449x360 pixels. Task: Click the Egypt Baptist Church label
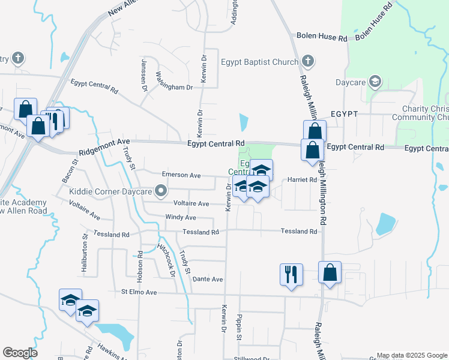(x=259, y=62)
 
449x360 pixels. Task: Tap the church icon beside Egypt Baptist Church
(x=308, y=61)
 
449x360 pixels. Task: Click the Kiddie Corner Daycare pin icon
(x=160, y=191)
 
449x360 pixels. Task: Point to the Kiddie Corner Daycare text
(x=109, y=191)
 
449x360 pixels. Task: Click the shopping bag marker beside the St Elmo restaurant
(x=330, y=272)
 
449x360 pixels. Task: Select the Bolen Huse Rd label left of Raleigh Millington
(x=322, y=38)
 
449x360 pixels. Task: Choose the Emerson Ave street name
(x=181, y=175)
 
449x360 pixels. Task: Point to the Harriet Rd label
(x=302, y=179)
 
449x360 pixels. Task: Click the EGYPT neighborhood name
(x=344, y=114)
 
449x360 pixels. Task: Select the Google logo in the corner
(x=20, y=353)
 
